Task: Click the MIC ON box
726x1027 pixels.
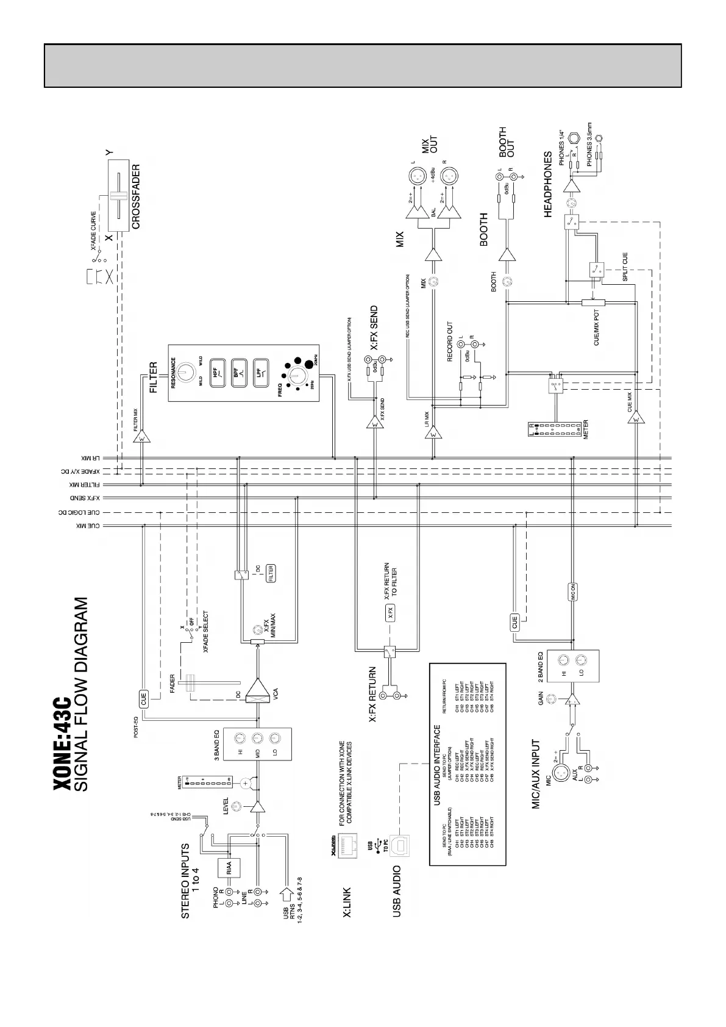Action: [x=573, y=592]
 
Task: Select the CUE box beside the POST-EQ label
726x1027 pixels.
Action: [x=144, y=698]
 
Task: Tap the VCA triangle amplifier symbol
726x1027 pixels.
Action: [x=258, y=692]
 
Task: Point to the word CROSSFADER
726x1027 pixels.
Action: [x=136, y=196]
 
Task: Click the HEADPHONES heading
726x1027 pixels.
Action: [x=547, y=184]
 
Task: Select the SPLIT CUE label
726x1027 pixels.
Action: [x=625, y=267]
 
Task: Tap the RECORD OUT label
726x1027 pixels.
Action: [x=450, y=342]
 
